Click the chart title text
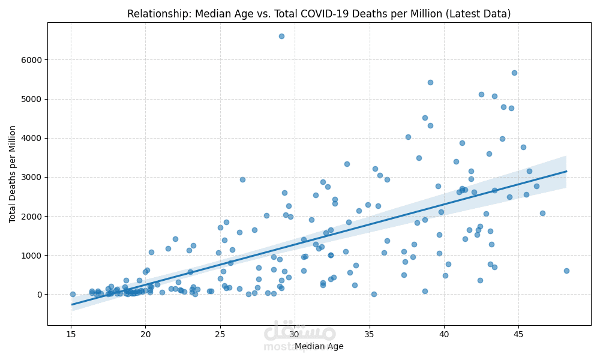(319, 14)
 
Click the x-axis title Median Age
(319, 346)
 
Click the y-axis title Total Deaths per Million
(13, 174)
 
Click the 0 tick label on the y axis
(40, 295)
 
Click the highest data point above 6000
(281, 36)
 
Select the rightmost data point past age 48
(566, 271)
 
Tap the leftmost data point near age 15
(73, 294)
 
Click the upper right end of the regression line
(566, 171)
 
